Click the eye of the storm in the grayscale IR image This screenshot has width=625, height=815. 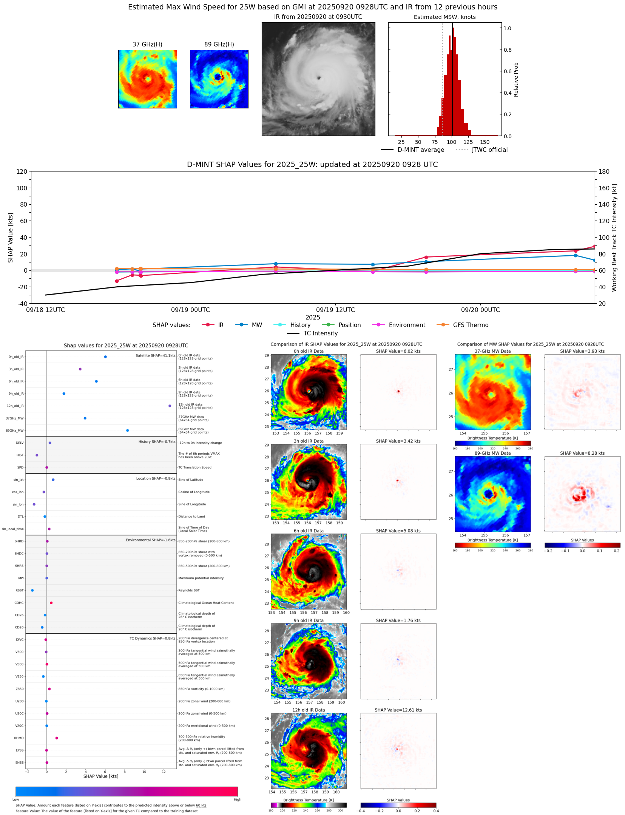pos(319,78)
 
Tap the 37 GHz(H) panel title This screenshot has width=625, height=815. pos(147,45)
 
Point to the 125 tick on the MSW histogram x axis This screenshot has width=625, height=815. pos(468,142)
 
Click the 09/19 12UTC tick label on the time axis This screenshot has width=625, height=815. pos(335,310)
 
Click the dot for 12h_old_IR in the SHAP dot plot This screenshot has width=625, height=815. pos(170,406)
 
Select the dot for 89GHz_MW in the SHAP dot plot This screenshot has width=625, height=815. pos(128,431)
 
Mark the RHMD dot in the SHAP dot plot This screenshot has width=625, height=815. pos(57,738)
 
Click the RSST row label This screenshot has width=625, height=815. pos(20,590)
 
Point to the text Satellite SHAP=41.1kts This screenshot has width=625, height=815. pos(156,356)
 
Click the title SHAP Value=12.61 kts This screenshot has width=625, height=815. pos(398,710)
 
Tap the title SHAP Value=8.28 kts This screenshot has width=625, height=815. pos(582,453)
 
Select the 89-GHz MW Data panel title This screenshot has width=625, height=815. pos(492,453)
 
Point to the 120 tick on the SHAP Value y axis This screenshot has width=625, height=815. pos(22,172)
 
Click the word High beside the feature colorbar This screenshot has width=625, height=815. pos(238,800)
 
